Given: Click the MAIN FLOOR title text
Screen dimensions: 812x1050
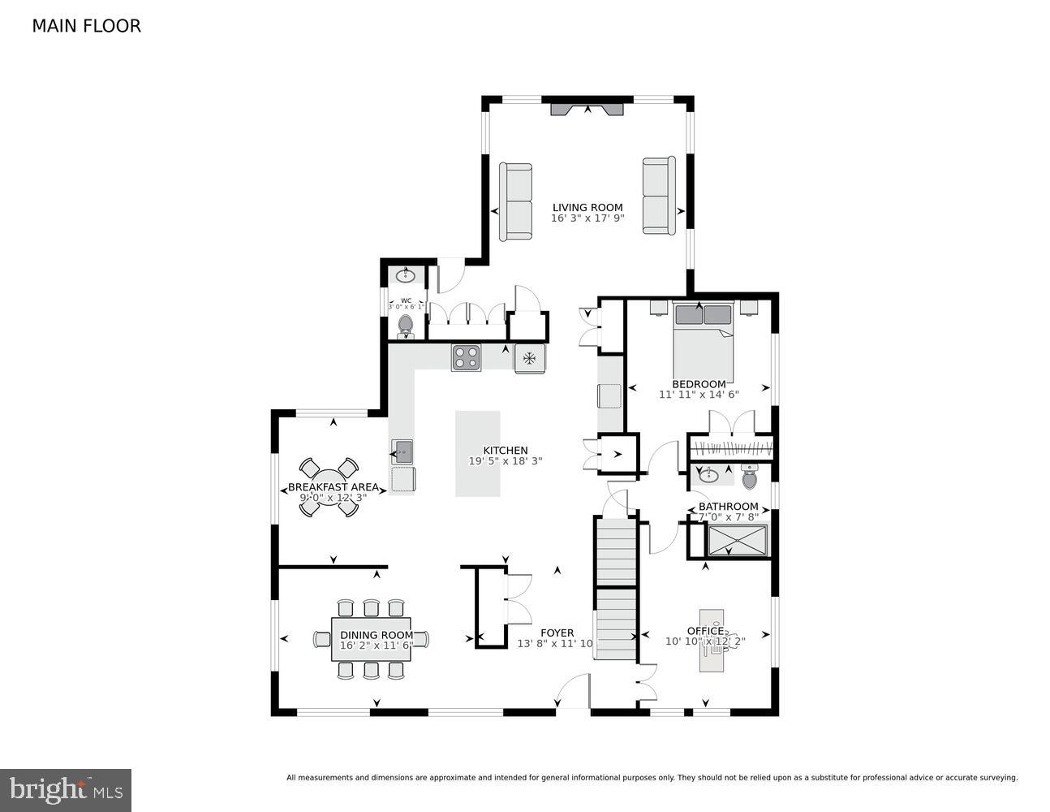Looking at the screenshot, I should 86,26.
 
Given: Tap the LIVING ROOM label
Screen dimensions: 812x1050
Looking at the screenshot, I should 587,207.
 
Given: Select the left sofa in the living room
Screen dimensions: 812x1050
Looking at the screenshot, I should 515,201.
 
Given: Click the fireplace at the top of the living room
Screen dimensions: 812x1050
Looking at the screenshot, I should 587,109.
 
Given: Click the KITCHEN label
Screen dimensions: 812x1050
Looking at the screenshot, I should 505,450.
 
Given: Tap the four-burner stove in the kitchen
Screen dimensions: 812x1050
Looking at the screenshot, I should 466,357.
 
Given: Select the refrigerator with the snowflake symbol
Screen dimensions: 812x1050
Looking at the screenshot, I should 530,357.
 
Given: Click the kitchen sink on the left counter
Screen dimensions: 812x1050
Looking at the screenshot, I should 402,451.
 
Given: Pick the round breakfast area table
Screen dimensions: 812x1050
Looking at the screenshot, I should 329,487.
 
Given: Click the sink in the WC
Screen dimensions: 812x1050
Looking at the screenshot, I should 405,276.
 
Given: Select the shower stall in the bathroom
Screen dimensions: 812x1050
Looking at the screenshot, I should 737,540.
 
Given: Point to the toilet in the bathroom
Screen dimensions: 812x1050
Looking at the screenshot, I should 748,477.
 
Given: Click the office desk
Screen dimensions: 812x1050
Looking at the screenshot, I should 712,639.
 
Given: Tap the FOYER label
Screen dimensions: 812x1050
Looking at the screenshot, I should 557,633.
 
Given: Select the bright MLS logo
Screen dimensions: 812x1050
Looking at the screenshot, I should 66,789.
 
